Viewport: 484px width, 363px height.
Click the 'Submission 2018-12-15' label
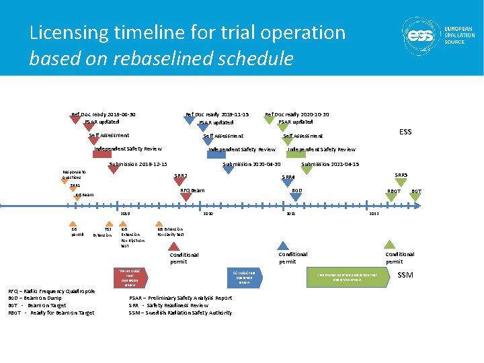click(138, 165)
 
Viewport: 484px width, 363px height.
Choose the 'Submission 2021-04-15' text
click(329, 165)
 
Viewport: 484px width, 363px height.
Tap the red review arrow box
click(131, 278)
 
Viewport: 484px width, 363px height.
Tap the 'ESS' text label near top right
click(405, 132)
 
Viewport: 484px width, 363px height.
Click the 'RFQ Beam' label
click(193, 191)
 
